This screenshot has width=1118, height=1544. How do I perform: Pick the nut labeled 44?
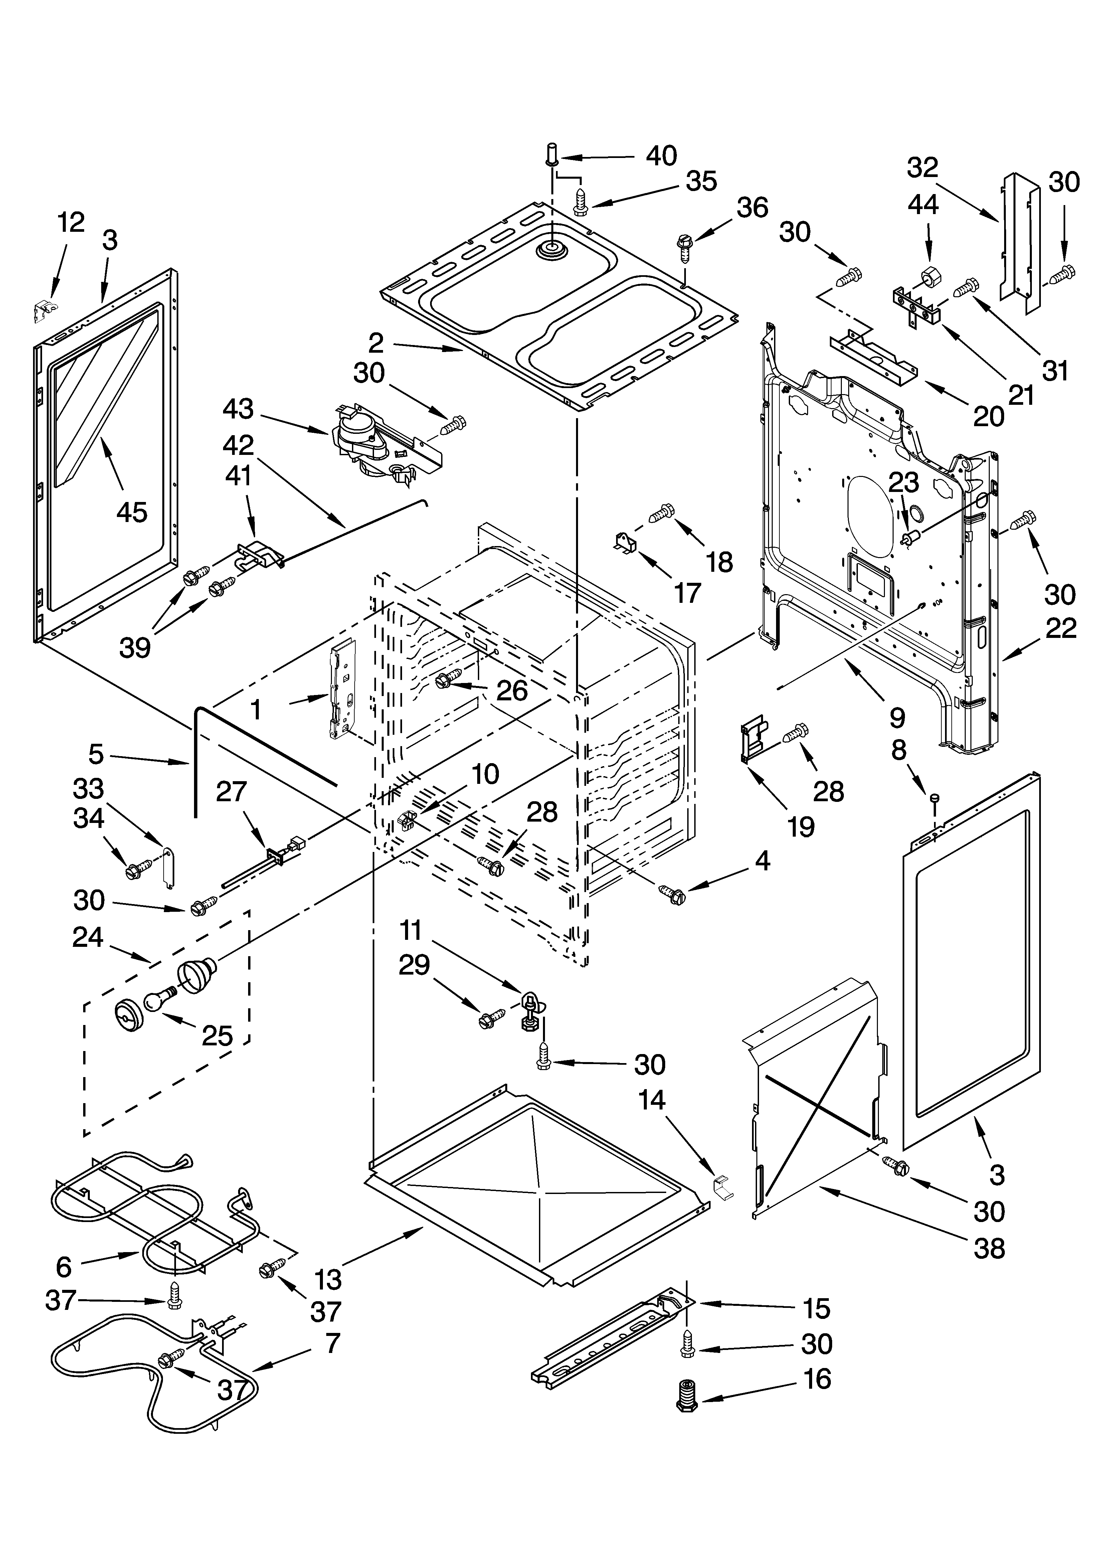929,278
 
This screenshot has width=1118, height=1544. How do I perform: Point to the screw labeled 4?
670,894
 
